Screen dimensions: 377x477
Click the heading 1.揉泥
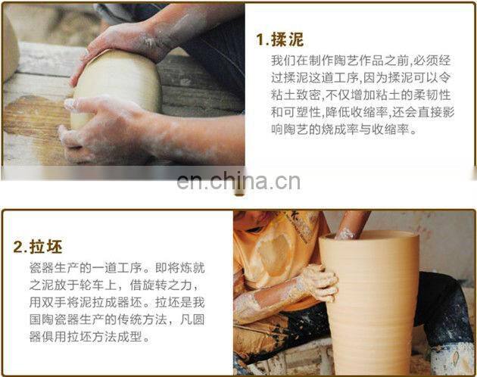tap(279, 39)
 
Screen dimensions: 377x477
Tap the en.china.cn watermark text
tap(238, 182)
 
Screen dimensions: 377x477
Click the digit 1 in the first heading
tap(260, 39)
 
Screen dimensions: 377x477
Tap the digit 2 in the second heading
tap(17, 247)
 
